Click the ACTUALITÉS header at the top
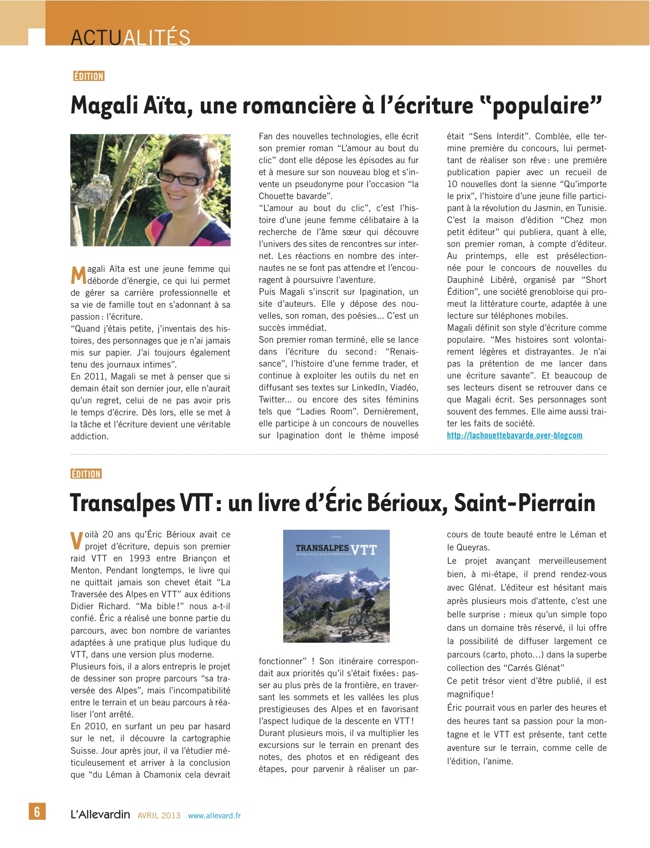coord(130,37)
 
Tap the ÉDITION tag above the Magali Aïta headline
coord(89,76)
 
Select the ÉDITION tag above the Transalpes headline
coord(86,474)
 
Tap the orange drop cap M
coord(78,275)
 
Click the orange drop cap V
coord(77,541)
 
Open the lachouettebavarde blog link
coord(514,435)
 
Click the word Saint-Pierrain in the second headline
coord(524,503)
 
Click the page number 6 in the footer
coord(37,811)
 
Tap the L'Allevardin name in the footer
coord(100,815)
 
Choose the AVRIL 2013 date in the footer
coord(159,815)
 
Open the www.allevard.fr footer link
coord(214,815)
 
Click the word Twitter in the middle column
coord(272,400)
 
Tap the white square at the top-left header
coord(37,37)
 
